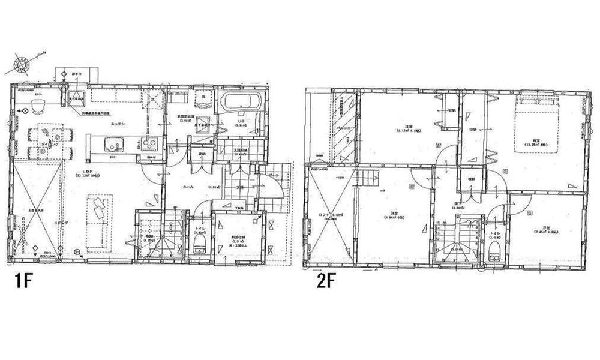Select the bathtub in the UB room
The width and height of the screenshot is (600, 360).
click(x=241, y=103)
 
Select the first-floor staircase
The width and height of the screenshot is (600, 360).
click(x=149, y=237)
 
